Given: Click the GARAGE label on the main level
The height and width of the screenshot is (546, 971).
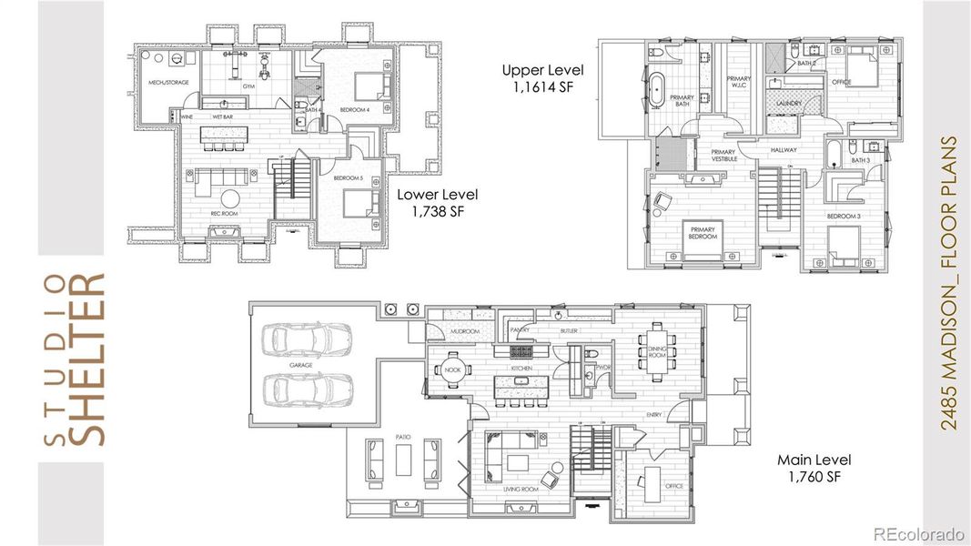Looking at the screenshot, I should [300, 365].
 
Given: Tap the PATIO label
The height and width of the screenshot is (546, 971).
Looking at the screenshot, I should [404, 438].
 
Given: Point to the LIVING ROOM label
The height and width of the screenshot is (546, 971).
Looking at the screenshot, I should [521, 489].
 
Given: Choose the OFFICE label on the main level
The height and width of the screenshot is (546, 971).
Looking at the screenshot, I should [674, 486].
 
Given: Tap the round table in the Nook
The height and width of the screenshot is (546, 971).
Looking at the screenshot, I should [452, 369].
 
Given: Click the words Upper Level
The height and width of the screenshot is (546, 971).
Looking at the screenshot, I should [542, 70].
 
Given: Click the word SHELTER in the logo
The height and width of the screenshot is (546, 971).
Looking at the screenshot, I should [88, 359].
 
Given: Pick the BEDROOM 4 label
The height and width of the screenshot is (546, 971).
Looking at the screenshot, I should [355, 109].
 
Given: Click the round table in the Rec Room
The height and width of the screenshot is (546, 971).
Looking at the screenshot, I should [231, 198].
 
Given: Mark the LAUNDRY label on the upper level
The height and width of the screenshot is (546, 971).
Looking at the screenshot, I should [789, 104].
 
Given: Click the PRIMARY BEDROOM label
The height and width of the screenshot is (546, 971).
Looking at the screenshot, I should [703, 232].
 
